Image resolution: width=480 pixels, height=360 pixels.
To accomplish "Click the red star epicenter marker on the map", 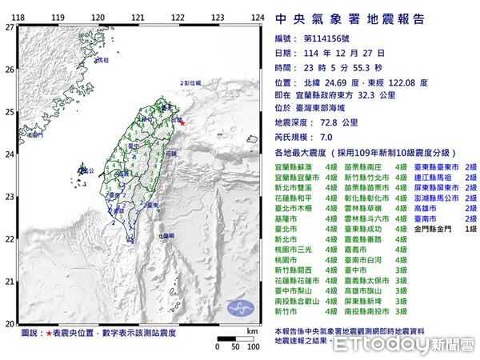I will click(x=182, y=122).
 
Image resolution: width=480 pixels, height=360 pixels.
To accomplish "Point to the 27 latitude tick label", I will click(x=8, y=26).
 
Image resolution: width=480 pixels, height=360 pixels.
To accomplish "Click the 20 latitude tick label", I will click(x=8, y=323).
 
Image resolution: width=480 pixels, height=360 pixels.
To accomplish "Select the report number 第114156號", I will click(x=329, y=38).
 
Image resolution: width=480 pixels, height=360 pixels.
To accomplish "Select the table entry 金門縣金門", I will click(x=431, y=228).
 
